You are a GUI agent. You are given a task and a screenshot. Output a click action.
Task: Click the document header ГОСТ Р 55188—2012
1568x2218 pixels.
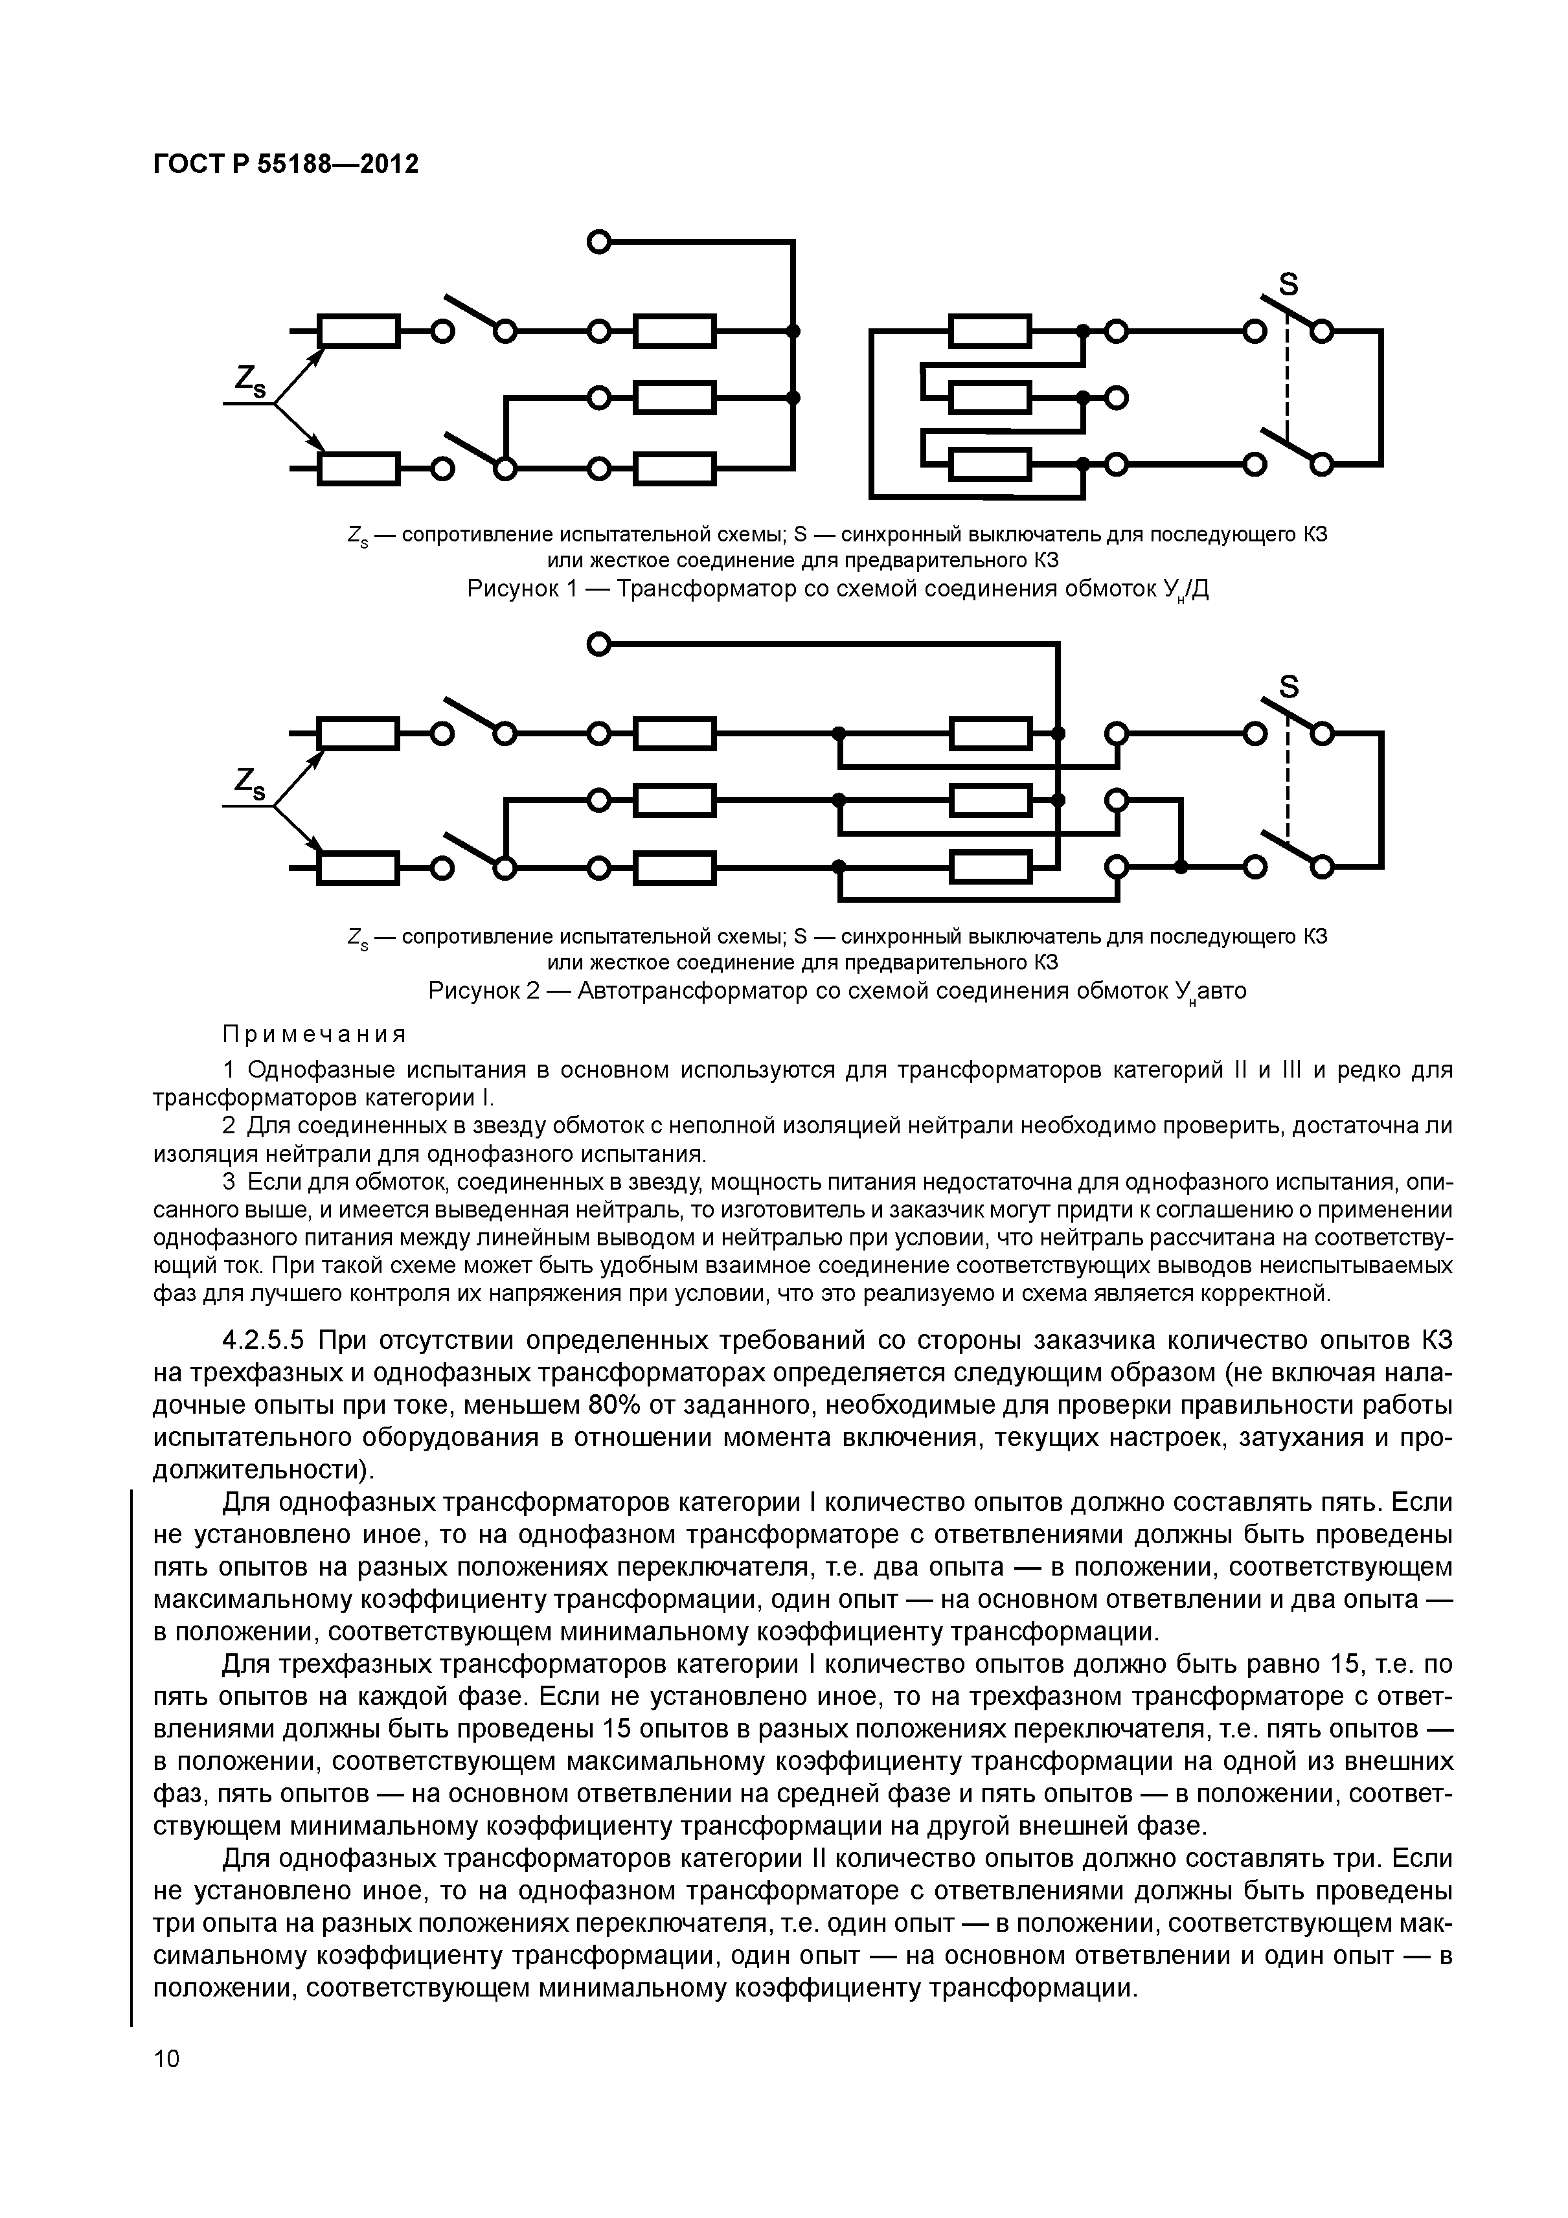coord(286,165)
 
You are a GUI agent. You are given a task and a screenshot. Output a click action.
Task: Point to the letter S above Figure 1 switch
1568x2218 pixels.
coord(1289,285)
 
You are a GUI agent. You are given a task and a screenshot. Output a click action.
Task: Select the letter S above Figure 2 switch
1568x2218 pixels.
coord(1289,687)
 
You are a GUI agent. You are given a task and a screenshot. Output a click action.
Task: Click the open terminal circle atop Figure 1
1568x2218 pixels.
coord(599,242)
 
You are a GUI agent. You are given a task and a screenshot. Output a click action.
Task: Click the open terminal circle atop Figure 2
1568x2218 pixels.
coord(599,643)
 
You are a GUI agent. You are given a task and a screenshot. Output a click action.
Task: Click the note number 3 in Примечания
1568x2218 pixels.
coord(229,1183)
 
